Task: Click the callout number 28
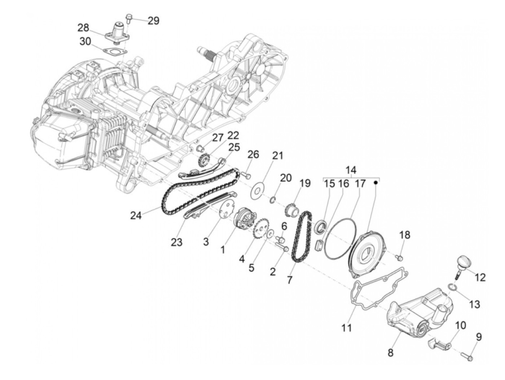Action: pyautogui.click(x=83, y=28)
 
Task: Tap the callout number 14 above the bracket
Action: pyautogui.click(x=351, y=170)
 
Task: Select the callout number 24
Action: pyautogui.click(x=136, y=216)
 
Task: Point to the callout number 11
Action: pyautogui.click(x=347, y=328)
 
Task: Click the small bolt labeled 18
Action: pyautogui.click(x=399, y=257)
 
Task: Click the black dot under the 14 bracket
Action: pyautogui.click(x=375, y=182)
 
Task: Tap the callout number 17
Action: pyautogui.click(x=360, y=183)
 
